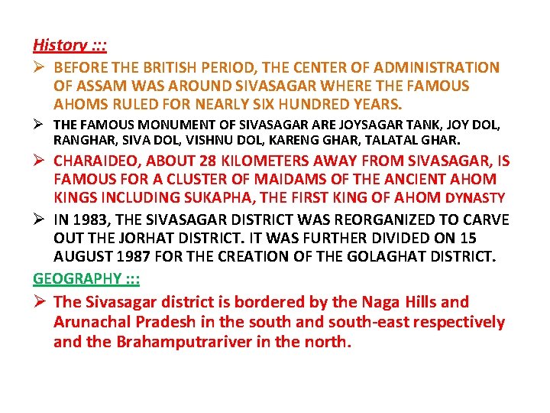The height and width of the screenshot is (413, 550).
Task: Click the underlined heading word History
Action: [60, 45]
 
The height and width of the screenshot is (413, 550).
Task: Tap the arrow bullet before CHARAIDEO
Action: [40, 161]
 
